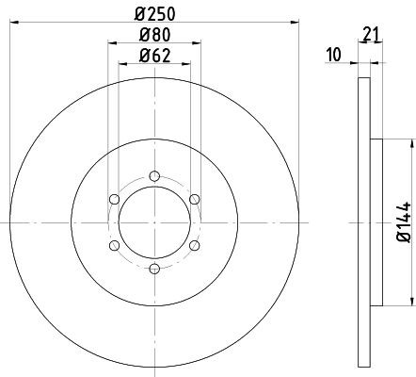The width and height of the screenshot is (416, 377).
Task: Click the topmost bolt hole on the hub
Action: (154, 174)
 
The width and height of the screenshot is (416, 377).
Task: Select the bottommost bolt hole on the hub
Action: (154, 269)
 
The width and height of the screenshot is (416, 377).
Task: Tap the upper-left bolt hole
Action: (114, 198)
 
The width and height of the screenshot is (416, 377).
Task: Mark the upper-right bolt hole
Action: (195, 198)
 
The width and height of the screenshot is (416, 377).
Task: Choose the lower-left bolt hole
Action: (114, 245)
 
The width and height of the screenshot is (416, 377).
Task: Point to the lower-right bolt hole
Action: (195, 245)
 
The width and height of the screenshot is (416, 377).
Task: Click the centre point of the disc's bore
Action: (154, 221)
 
